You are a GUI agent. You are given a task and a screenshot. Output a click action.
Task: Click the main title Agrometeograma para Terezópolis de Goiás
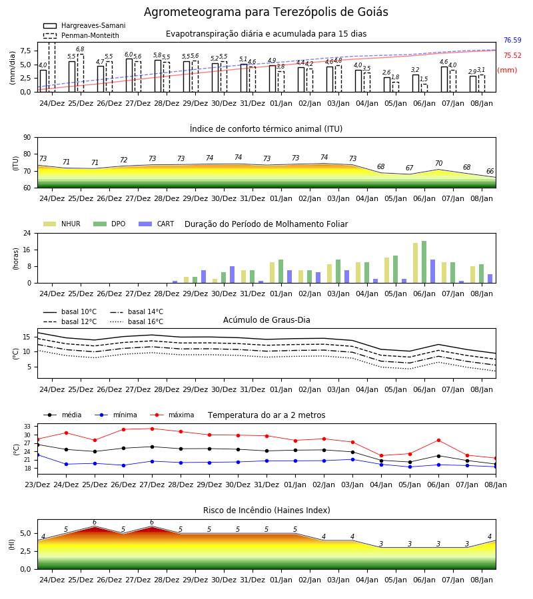pos(266,12)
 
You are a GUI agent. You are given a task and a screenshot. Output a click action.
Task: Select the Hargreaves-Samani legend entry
pos(85,25)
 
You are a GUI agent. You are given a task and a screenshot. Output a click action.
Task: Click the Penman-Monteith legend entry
pos(81,35)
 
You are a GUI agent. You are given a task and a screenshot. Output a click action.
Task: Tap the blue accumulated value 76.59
pos(512,40)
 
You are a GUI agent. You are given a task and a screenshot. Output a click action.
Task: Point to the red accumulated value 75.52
pos(512,55)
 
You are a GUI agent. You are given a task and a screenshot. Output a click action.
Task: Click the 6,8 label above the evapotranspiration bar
pos(80,49)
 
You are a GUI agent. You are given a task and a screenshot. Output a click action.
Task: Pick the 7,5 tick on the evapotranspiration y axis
pos(25,51)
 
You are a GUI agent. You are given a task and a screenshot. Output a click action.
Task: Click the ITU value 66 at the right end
pos(490,172)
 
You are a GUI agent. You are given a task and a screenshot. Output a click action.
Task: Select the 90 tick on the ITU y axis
pos(27,138)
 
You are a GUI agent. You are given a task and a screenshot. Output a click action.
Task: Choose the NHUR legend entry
pos(62,224)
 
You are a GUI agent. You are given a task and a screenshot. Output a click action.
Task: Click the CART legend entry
pos(157,224)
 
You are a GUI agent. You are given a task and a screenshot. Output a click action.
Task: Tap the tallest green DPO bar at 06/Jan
pos(424,262)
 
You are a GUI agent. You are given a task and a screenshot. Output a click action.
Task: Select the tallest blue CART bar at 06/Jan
pos(433,272)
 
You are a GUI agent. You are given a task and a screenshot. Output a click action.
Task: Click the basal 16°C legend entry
pos(137,321)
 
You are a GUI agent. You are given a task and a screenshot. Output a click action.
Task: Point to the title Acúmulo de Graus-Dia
pos(266,320)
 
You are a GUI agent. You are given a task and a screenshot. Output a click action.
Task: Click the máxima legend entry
pos(173,415)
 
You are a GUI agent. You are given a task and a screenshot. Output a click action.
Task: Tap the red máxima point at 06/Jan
pos(438,441)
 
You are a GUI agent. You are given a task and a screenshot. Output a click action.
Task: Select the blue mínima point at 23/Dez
pos(37,455)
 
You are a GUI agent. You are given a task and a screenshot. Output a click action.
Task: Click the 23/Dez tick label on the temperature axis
pos(37,485)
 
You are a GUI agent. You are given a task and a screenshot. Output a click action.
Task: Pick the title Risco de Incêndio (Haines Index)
pos(266,510)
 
